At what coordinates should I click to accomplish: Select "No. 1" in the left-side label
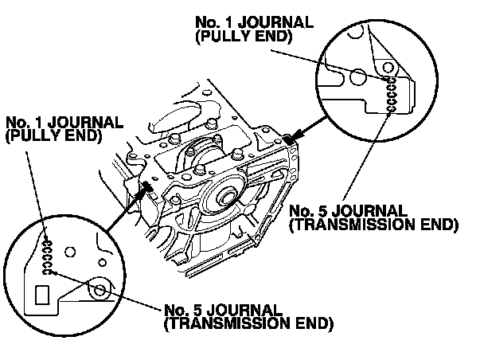[21, 123]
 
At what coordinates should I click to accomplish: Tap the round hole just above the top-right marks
[392, 68]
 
